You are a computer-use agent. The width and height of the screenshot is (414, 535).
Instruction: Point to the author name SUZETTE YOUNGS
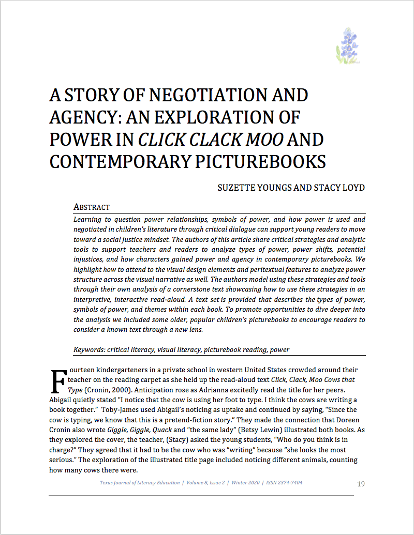pyautogui.click(x=254, y=187)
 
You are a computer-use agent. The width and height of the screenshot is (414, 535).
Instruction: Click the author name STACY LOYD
pyautogui.click(x=339, y=187)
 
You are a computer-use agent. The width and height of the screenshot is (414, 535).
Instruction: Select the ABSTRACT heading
pyautogui.click(x=92, y=207)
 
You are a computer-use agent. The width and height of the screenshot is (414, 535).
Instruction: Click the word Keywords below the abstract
pyautogui.click(x=88, y=349)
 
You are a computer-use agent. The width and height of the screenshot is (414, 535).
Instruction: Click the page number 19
pyautogui.click(x=361, y=484)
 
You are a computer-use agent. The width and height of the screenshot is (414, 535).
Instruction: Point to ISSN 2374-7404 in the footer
pyautogui.click(x=285, y=483)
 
